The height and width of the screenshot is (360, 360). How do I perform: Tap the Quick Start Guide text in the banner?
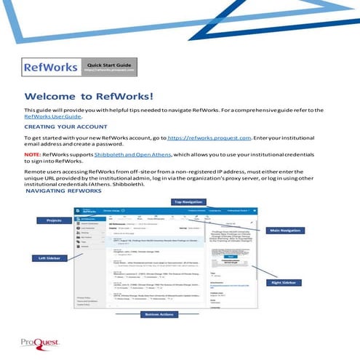click(x=108, y=66)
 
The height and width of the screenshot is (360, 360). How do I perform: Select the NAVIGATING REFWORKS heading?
click(x=62, y=191)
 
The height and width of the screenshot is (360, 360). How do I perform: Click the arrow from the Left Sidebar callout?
click(x=68, y=257)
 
